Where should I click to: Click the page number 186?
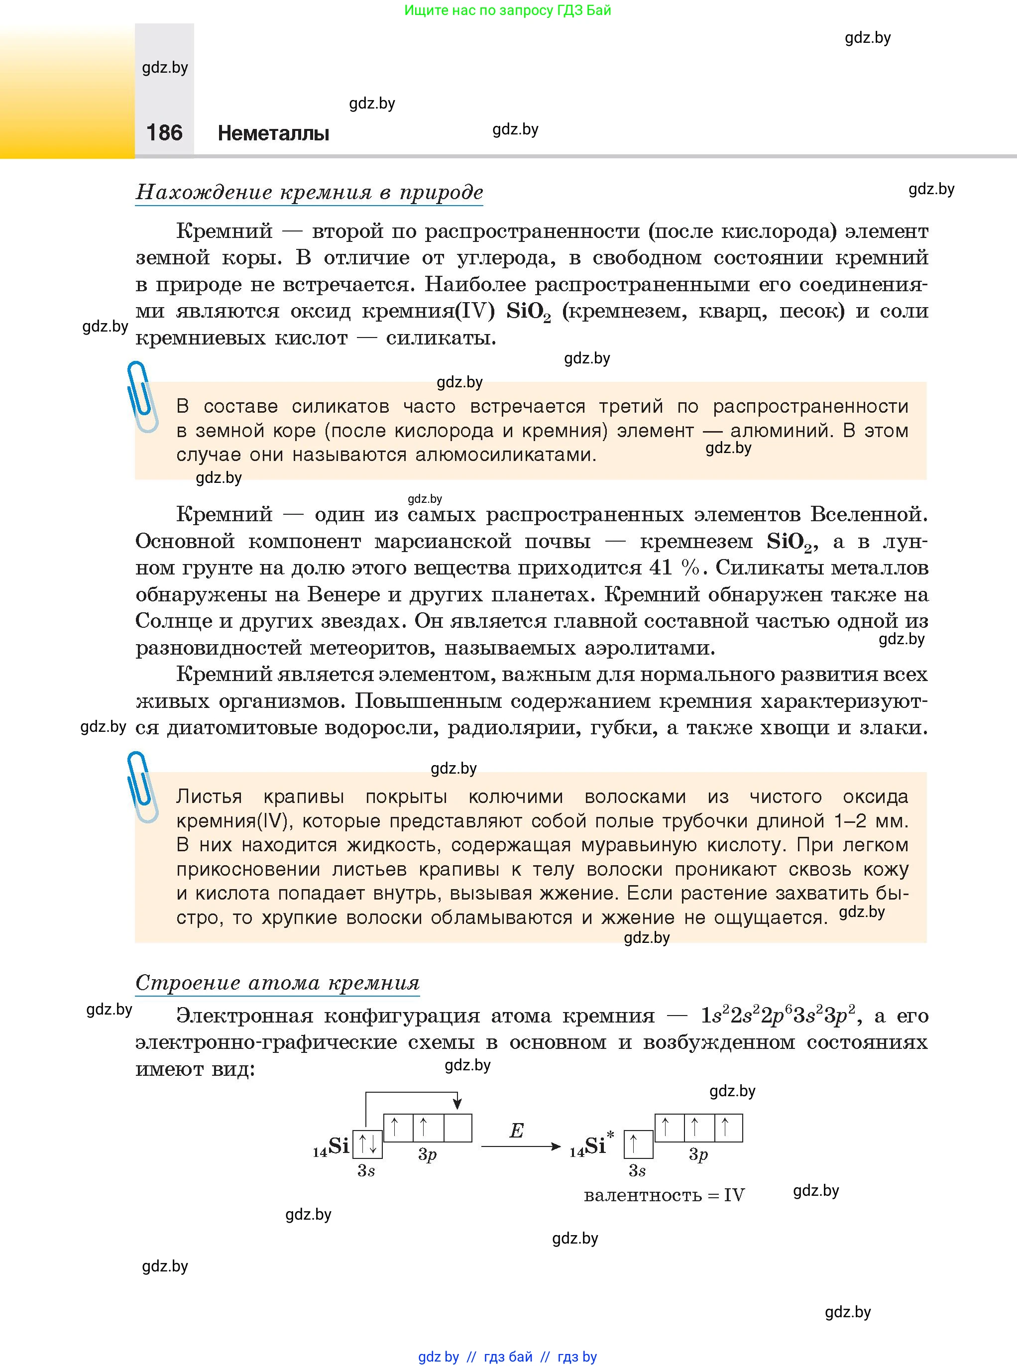pos(164,132)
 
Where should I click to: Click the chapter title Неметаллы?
pos(273,133)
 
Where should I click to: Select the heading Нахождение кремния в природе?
pos(309,192)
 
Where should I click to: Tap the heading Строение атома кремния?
pos(277,982)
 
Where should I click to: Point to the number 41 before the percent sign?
pos(660,568)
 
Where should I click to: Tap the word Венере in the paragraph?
pos(343,594)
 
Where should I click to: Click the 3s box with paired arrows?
pos(367,1143)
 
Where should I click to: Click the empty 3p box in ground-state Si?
pos(457,1128)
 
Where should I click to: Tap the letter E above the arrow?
pos(516,1131)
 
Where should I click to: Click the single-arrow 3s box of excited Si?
pos(638,1144)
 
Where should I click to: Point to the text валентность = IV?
pos(664,1195)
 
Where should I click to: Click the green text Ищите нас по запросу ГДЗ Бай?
pos(507,10)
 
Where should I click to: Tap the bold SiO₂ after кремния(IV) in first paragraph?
pos(528,312)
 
